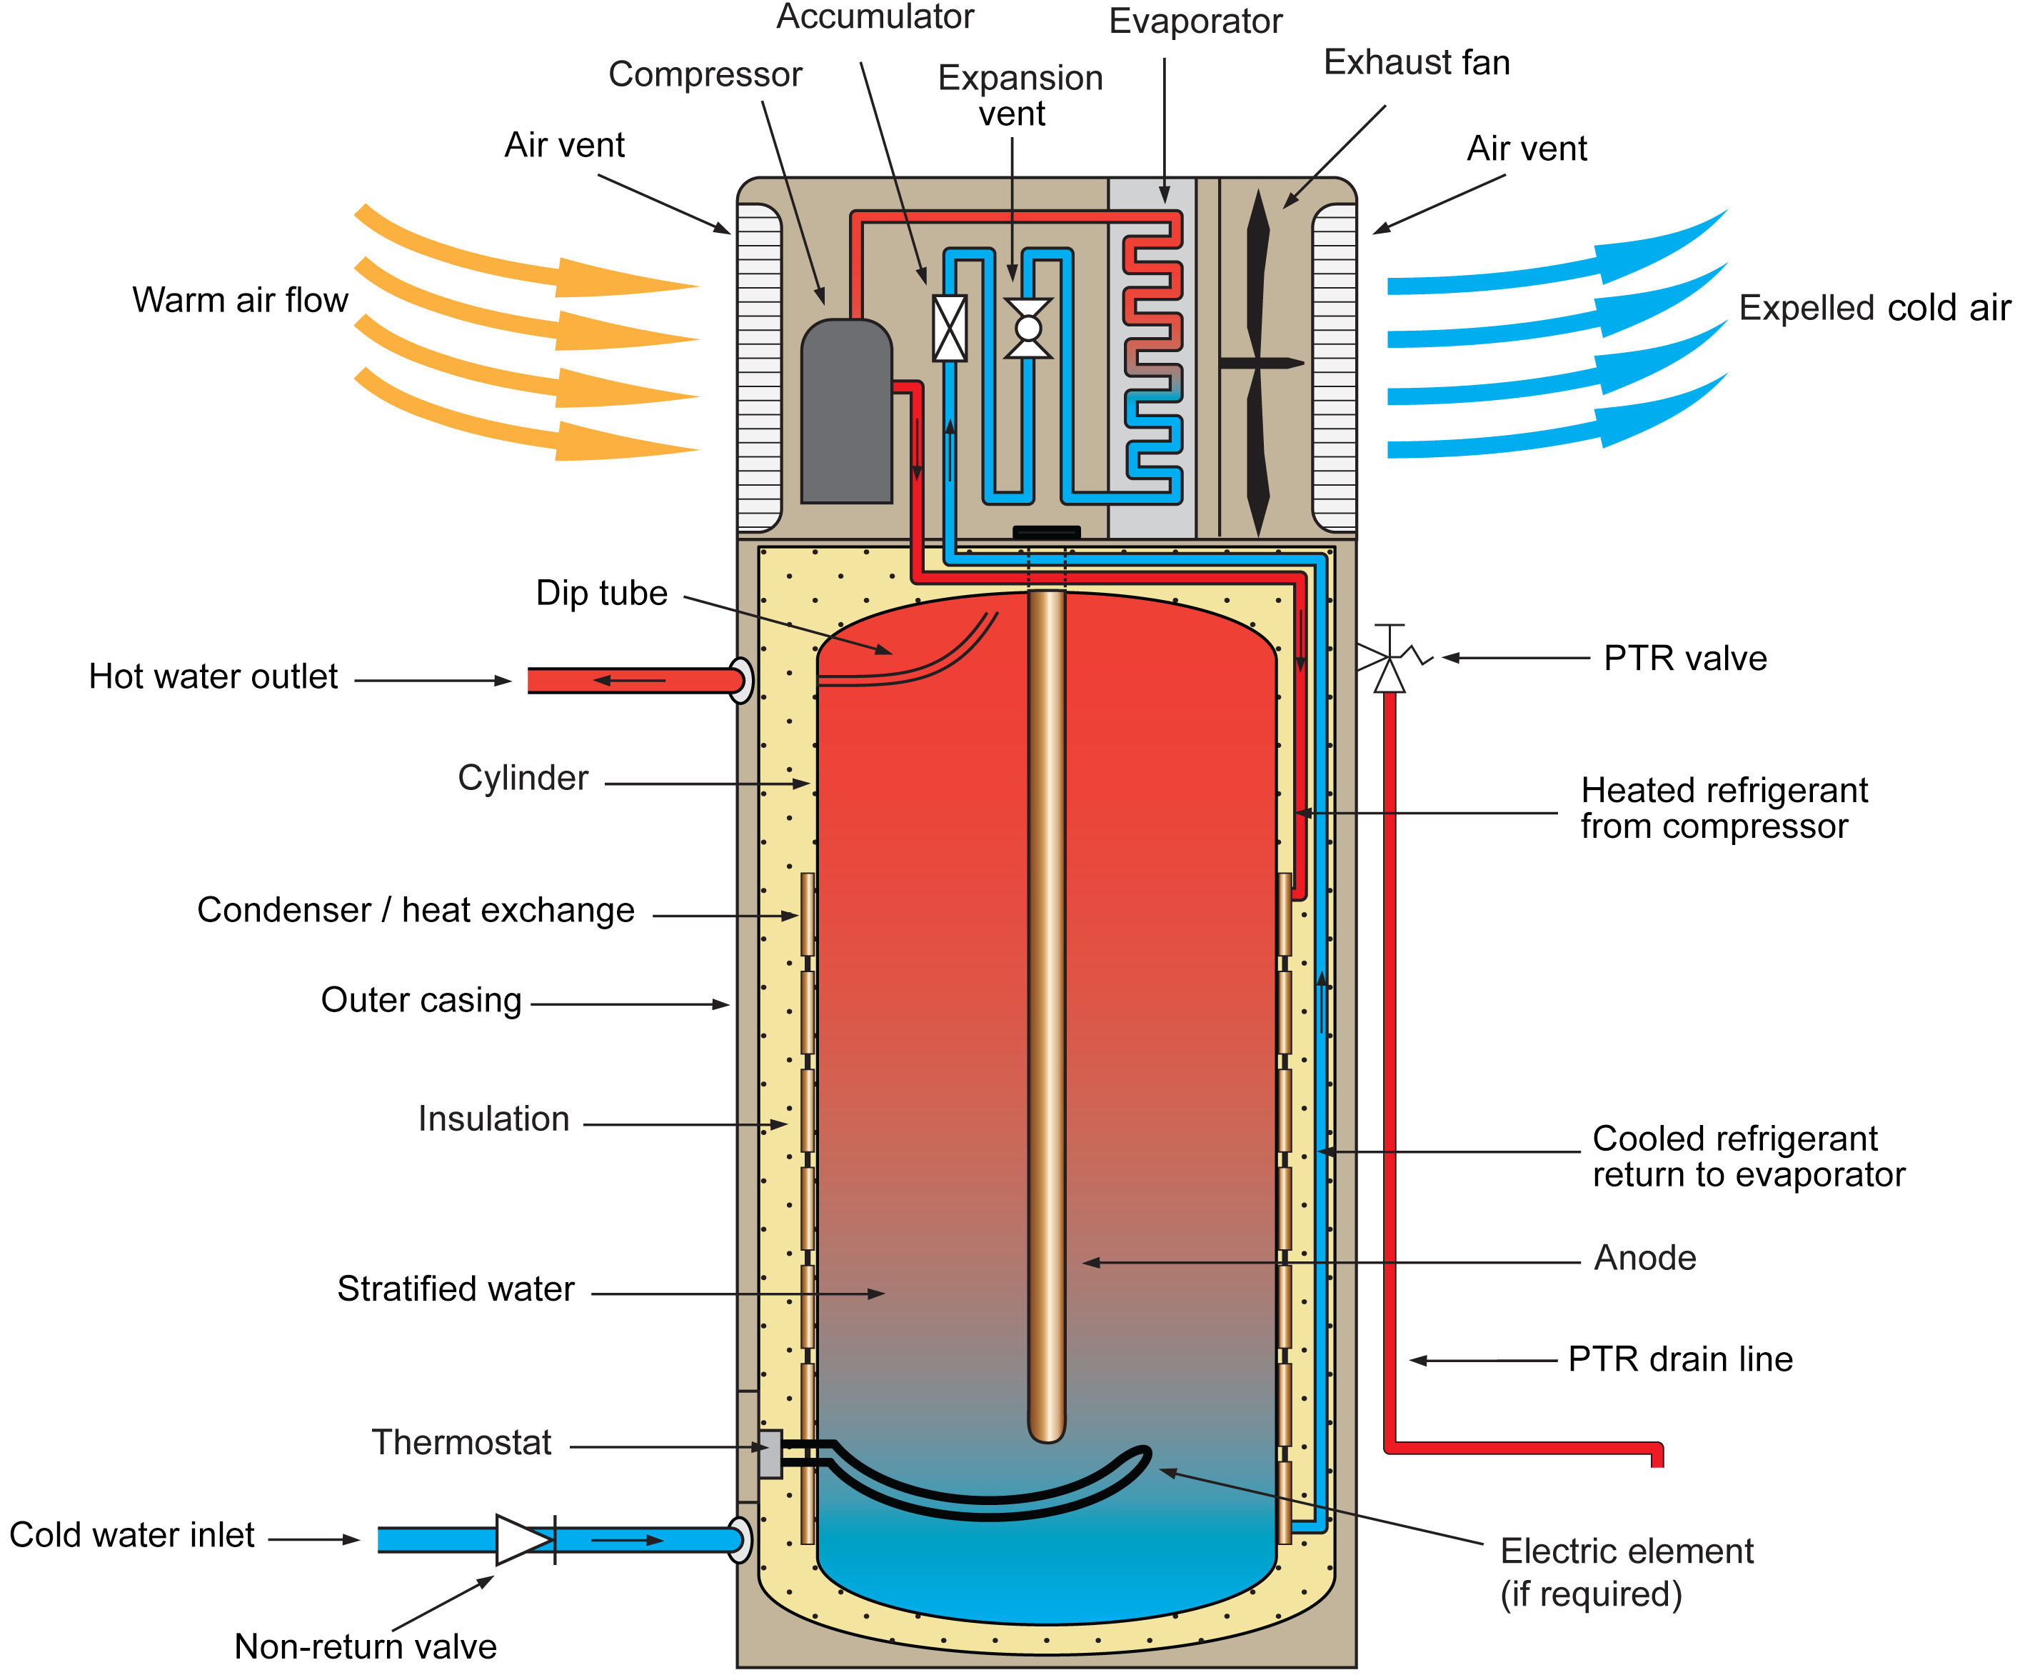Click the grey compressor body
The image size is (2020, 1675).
(845, 414)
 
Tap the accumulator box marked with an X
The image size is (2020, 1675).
(950, 328)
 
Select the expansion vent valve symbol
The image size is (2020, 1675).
(1028, 328)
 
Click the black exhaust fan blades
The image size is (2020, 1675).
(1258, 363)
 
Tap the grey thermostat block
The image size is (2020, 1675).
(770, 1454)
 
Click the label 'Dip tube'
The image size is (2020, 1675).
(601, 593)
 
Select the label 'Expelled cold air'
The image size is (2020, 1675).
(1874, 308)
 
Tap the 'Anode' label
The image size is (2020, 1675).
(1645, 1257)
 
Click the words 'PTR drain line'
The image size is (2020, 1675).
(1680, 1359)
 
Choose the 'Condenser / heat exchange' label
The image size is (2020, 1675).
(416, 909)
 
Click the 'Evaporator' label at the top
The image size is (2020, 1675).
(1195, 21)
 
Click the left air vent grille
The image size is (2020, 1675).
(759, 368)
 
